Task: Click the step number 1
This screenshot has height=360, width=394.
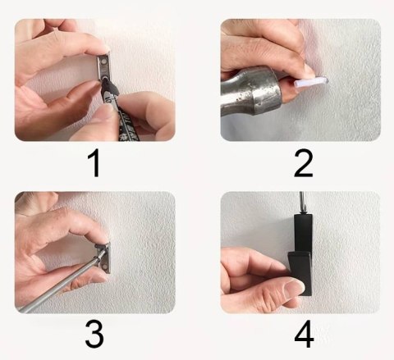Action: pyautogui.click(x=94, y=164)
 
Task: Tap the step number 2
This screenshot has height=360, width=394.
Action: pyautogui.click(x=304, y=164)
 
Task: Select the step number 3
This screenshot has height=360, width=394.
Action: pyautogui.click(x=94, y=334)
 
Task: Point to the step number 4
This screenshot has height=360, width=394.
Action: pyautogui.click(x=304, y=334)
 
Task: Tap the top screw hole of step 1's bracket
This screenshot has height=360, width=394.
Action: pyautogui.click(x=103, y=62)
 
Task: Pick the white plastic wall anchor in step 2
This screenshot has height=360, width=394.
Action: pyautogui.click(x=311, y=81)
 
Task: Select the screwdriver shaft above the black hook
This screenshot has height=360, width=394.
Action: pyautogui.click(x=301, y=203)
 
